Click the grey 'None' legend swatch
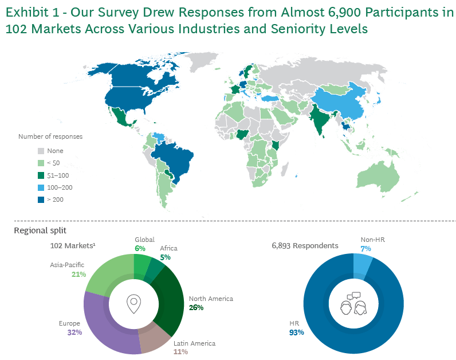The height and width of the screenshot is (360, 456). [41, 151]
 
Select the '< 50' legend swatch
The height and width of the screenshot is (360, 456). [41, 163]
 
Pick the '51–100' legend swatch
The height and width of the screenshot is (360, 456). [41, 175]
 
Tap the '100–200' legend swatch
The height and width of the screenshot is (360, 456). [41, 187]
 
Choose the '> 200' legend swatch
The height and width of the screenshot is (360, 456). [41, 200]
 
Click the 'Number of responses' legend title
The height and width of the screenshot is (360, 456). [50, 136]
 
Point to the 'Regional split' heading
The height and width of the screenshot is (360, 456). [40, 230]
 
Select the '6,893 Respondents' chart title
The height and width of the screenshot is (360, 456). [304, 245]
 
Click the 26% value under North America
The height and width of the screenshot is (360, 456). [196, 307]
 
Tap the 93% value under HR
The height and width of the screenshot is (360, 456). [296, 332]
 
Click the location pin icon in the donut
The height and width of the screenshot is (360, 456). [133, 304]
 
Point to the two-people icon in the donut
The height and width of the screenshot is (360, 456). [353, 304]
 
